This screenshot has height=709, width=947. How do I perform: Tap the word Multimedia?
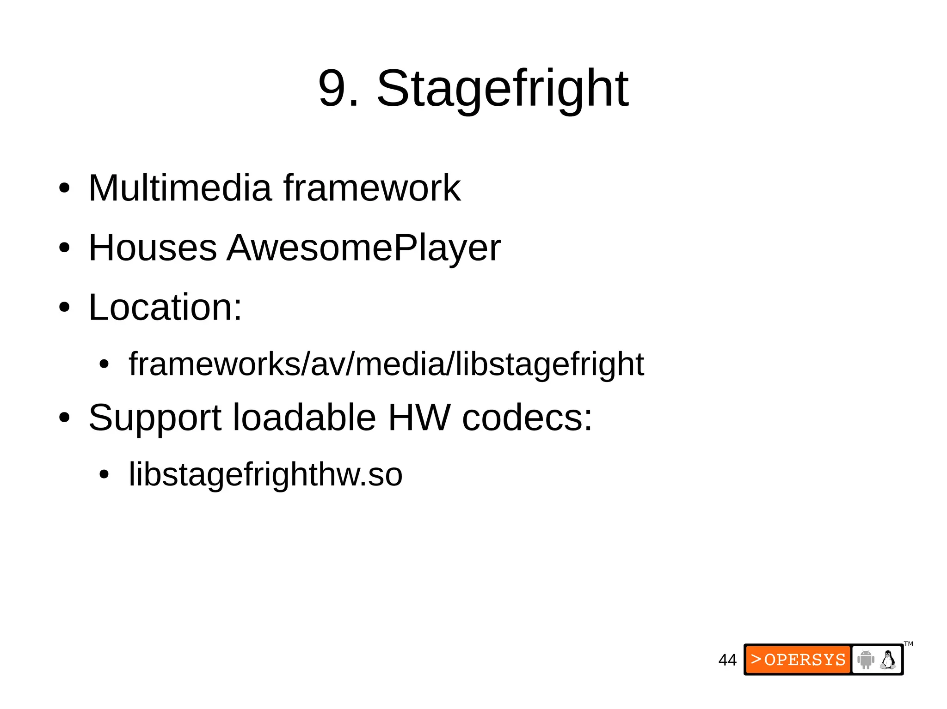tap(180, 188)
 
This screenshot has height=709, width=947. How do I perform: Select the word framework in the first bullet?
tap(372, 188)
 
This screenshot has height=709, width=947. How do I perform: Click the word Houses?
tap(153, 248)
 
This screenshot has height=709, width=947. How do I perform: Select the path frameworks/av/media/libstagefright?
tap(386, 364)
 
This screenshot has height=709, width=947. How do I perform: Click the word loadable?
tap(304, 418)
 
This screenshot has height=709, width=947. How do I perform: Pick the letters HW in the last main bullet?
tap(419, 418)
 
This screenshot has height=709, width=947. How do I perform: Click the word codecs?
tap(527, 418)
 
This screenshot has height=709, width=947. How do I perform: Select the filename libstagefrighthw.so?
tap(265, 475)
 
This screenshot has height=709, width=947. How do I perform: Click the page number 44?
tap(727, 660)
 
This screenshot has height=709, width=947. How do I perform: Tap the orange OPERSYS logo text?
tap(799, 660)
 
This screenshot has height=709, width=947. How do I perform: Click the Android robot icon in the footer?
tap(866, 660)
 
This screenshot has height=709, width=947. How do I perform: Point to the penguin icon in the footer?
tap(888, 660)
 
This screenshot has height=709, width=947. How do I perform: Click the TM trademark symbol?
tap(909, 644)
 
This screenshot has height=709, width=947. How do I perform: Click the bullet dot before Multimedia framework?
tap(64, 188)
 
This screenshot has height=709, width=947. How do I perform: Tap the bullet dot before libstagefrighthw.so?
tap(104, 474)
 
